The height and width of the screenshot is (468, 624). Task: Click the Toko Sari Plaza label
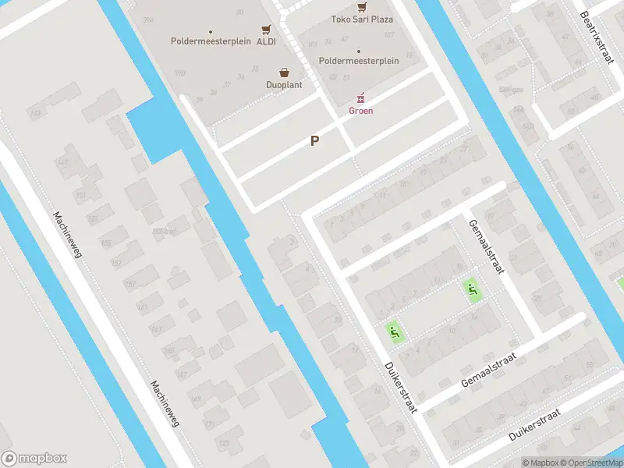pos(362,19)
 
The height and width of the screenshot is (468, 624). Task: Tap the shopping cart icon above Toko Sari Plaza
pos(361,5)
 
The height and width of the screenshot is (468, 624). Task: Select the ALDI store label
pos(265,41)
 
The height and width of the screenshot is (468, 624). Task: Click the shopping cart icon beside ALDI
pos(267,29)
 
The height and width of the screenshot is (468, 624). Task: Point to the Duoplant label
pos(284,84)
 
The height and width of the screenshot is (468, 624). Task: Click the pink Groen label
pos(360,111)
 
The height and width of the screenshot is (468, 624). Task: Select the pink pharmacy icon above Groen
pos(360,98)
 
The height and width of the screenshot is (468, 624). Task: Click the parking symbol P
pos(315,141)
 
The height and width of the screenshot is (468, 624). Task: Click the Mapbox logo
pos(34,459)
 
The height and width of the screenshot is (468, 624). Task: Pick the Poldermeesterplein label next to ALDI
pos(211,41)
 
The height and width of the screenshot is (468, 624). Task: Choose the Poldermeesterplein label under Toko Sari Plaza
pos(359,61)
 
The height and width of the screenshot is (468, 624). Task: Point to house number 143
pos(34,114)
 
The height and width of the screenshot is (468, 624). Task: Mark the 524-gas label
pos(511,90)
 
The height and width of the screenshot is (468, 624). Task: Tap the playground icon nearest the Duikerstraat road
pos(395,332)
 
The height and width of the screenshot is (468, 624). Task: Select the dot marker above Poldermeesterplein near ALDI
pos(211,31)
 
